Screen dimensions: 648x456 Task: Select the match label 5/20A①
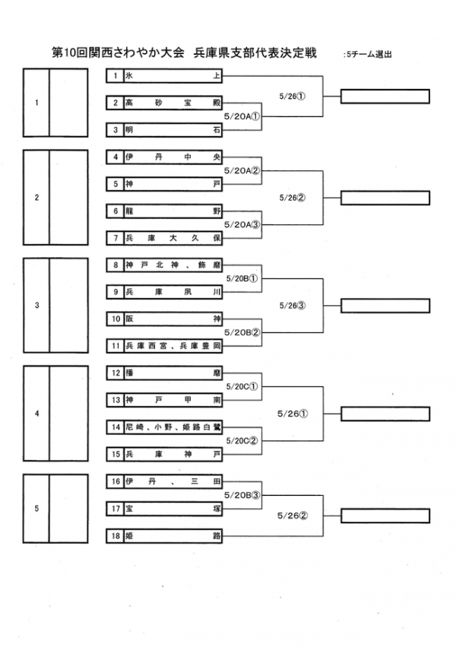[243, 116]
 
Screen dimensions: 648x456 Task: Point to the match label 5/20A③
[243, 224]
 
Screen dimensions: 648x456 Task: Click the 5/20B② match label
[243, 332]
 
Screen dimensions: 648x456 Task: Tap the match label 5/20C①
[243, 386]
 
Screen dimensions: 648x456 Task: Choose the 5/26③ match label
[292, 306]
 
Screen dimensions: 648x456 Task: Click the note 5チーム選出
[368, 55]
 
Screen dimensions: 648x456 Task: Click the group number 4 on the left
[36, 414]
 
